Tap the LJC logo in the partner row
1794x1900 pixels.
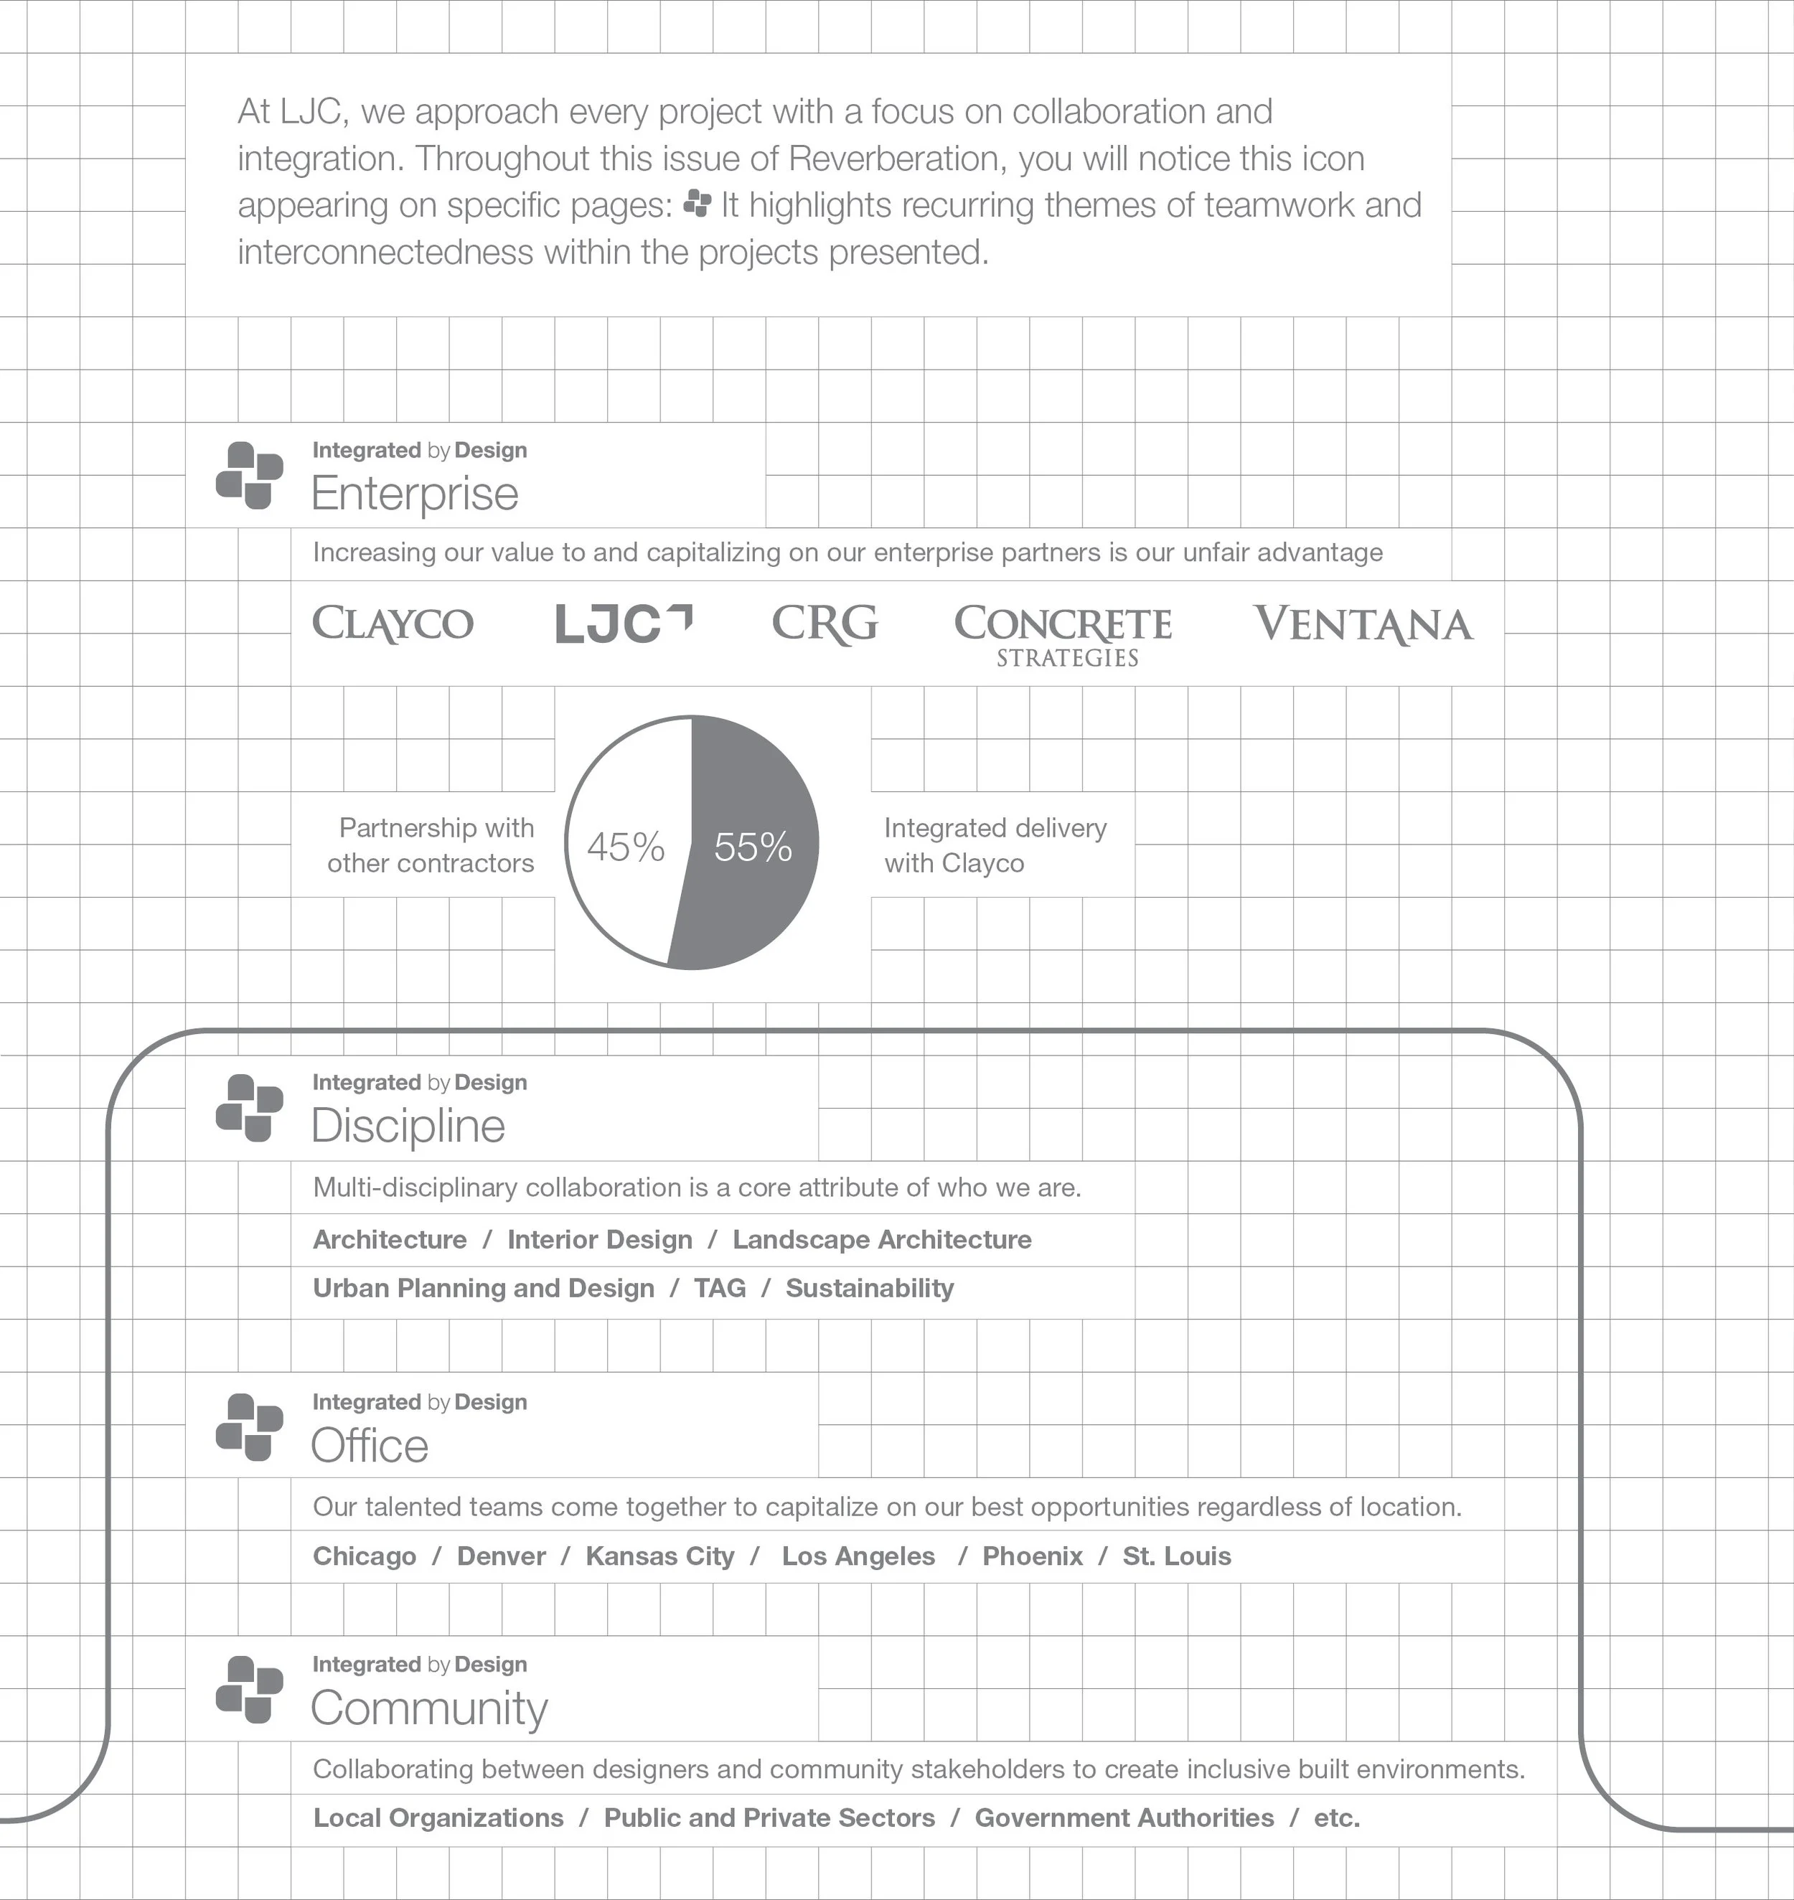pos(624,624)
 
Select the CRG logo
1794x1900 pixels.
pos(825,624)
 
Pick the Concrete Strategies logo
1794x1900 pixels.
pos(1063,633)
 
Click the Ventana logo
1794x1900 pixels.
pos(1363,624)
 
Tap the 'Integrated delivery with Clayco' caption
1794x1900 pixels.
pos(995,845)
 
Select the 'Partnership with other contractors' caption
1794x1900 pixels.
pos(431,845)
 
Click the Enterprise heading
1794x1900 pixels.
pos(415,494)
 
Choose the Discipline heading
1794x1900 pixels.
pos(408,1126)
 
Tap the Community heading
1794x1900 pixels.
pos(429,1708)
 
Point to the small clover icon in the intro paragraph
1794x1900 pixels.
pos(698,204)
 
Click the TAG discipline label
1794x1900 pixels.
pos(720,1288)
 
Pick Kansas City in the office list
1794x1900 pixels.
pos(660,1556)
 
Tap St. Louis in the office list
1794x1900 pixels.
pos(1176,1556)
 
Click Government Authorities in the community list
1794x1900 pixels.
pos(1124,1817)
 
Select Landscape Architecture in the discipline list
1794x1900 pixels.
pos(882,1239)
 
